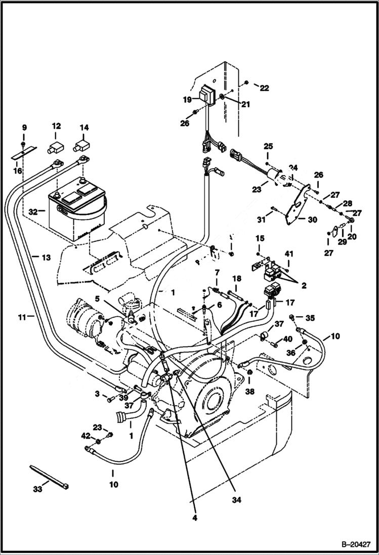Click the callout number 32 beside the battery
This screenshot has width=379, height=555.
pos(33,212)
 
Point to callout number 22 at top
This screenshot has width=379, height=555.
pos(264,88)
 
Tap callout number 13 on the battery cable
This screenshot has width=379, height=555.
pos(46,258)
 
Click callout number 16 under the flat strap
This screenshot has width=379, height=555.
pos(18,171)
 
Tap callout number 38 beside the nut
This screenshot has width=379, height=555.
pos(250,391)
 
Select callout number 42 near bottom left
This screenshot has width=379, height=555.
pos(86,436)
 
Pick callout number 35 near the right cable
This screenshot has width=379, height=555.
pos(310,318)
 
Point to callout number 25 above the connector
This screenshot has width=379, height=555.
pos(268,146)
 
